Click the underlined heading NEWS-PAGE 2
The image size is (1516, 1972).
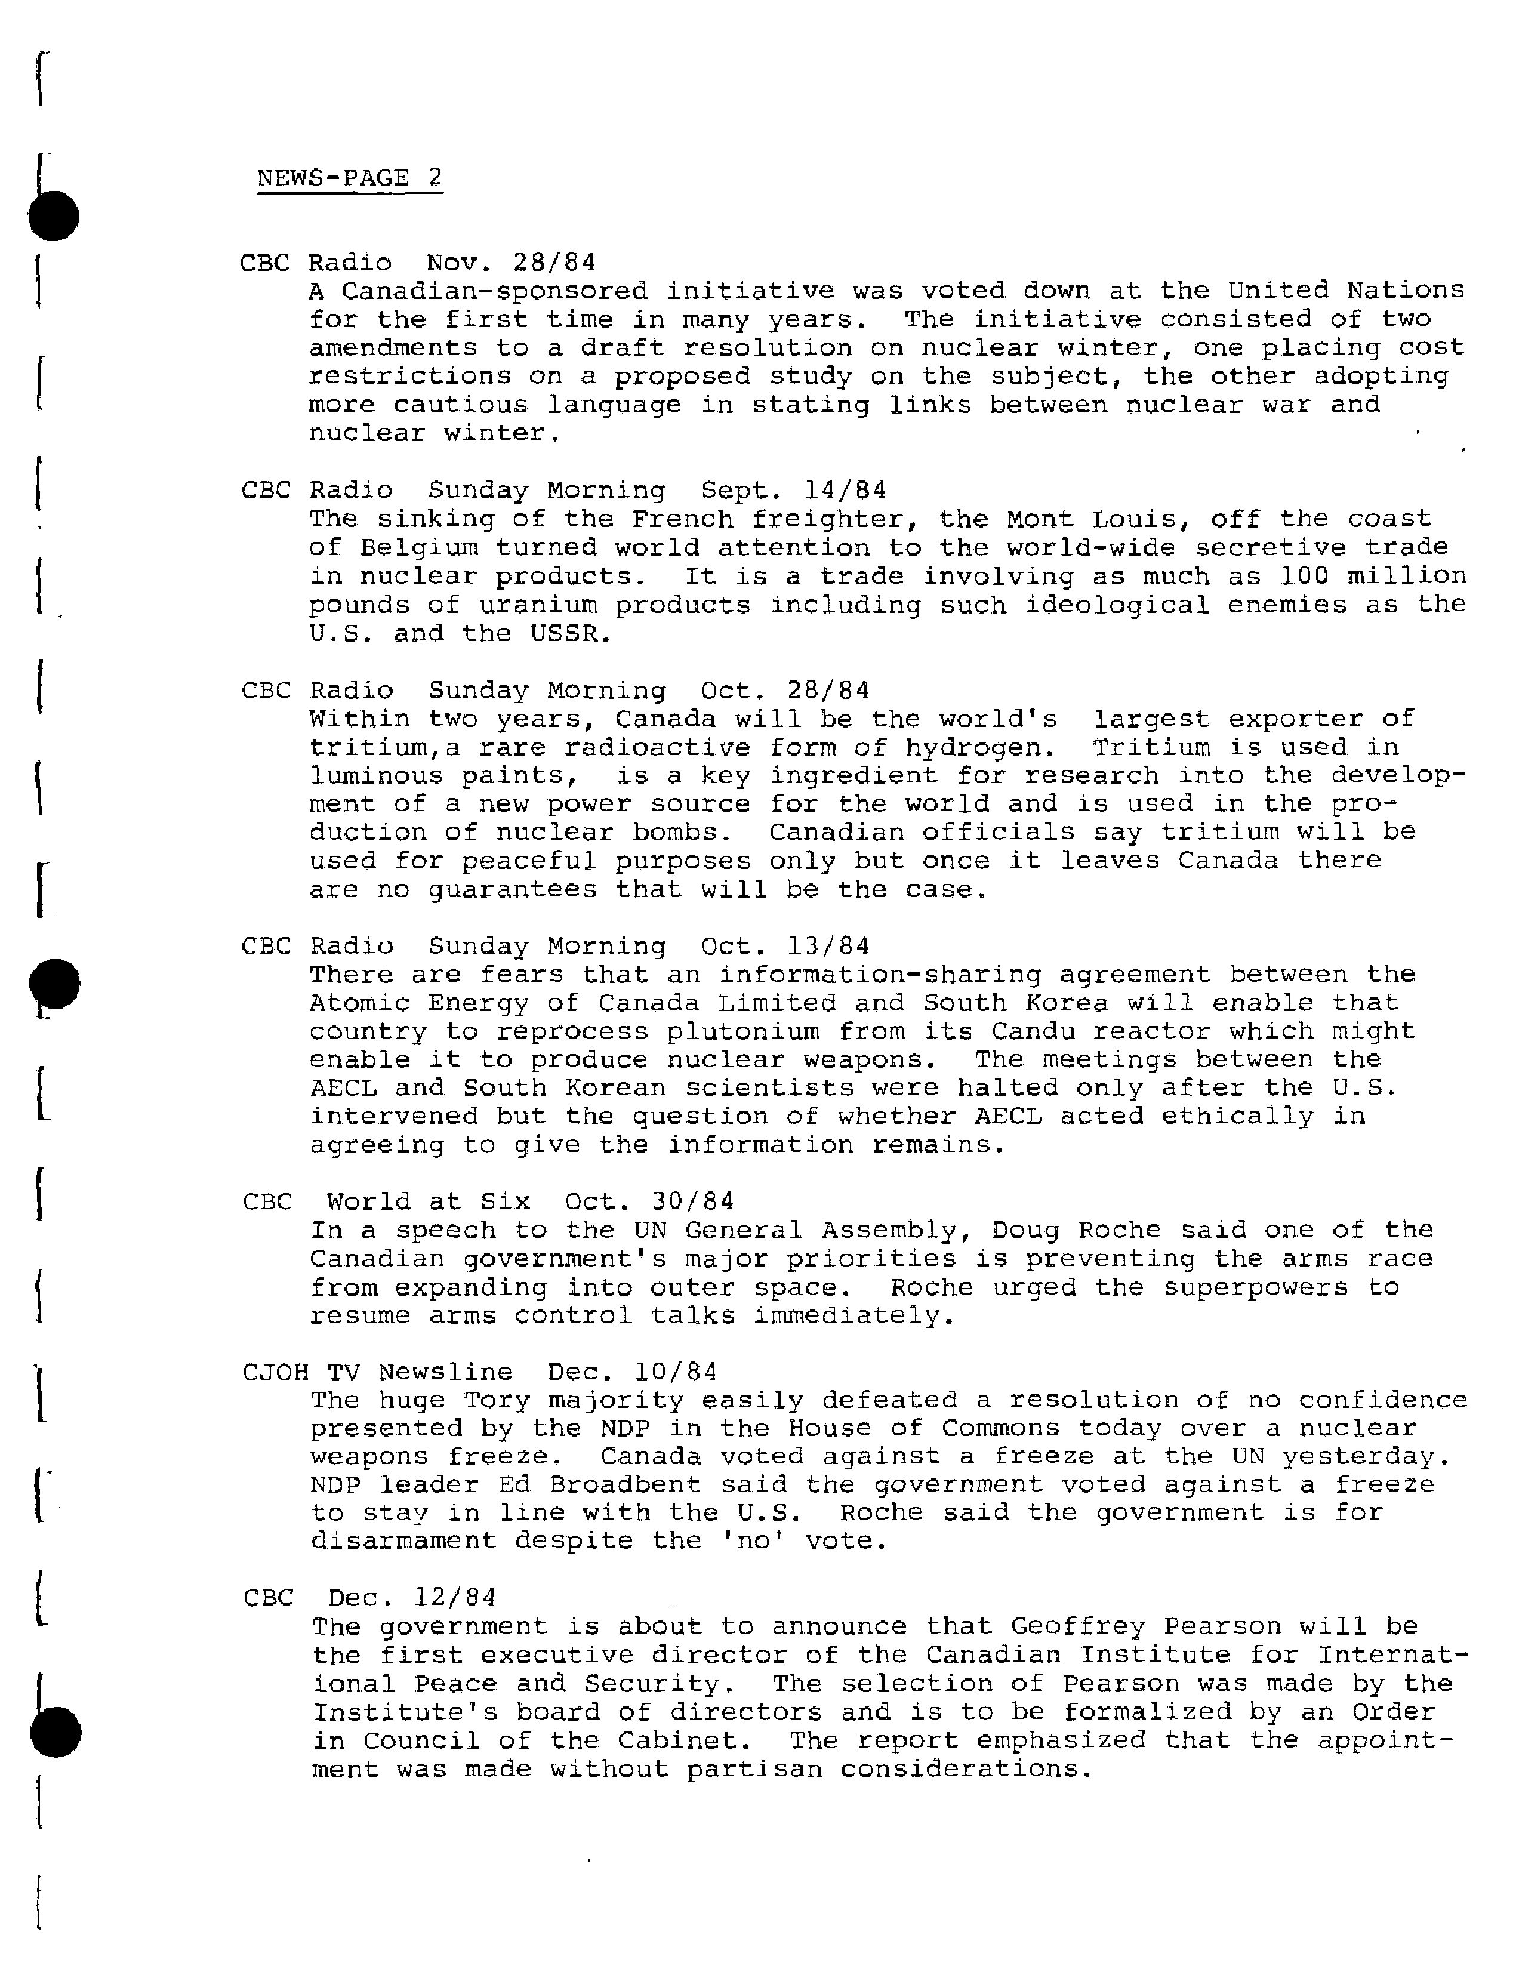349,178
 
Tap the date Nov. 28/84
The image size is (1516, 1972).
511,263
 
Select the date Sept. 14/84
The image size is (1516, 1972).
793,490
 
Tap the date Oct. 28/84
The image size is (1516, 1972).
784,691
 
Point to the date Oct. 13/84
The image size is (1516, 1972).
784,946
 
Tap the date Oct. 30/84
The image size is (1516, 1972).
649,1201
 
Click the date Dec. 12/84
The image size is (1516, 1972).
411,1597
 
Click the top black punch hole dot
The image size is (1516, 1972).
54,217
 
